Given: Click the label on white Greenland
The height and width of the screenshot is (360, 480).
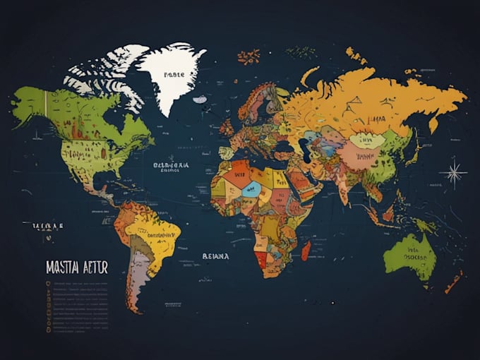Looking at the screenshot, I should (x=174, y=73).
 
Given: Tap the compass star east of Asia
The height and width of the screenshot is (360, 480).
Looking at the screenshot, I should (x=453, y=172).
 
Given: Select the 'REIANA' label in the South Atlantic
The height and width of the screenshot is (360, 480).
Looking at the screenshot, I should (x=215, y=256).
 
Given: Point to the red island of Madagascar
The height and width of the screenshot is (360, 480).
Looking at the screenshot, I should (x=306, y=250).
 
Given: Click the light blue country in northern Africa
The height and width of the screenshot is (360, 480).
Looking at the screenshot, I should (x=252, y=188).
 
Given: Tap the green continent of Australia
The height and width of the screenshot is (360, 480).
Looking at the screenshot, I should (x=409, y=252).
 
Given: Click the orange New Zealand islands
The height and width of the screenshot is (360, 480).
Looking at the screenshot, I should (x=453, y=282).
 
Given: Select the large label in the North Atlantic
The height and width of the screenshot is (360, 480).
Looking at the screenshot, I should (x=171, y=166).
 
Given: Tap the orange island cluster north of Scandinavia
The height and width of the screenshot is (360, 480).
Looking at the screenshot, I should (x=248, y=56).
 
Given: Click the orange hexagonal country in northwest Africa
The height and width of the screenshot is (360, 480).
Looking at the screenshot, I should (x=236, y=173).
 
